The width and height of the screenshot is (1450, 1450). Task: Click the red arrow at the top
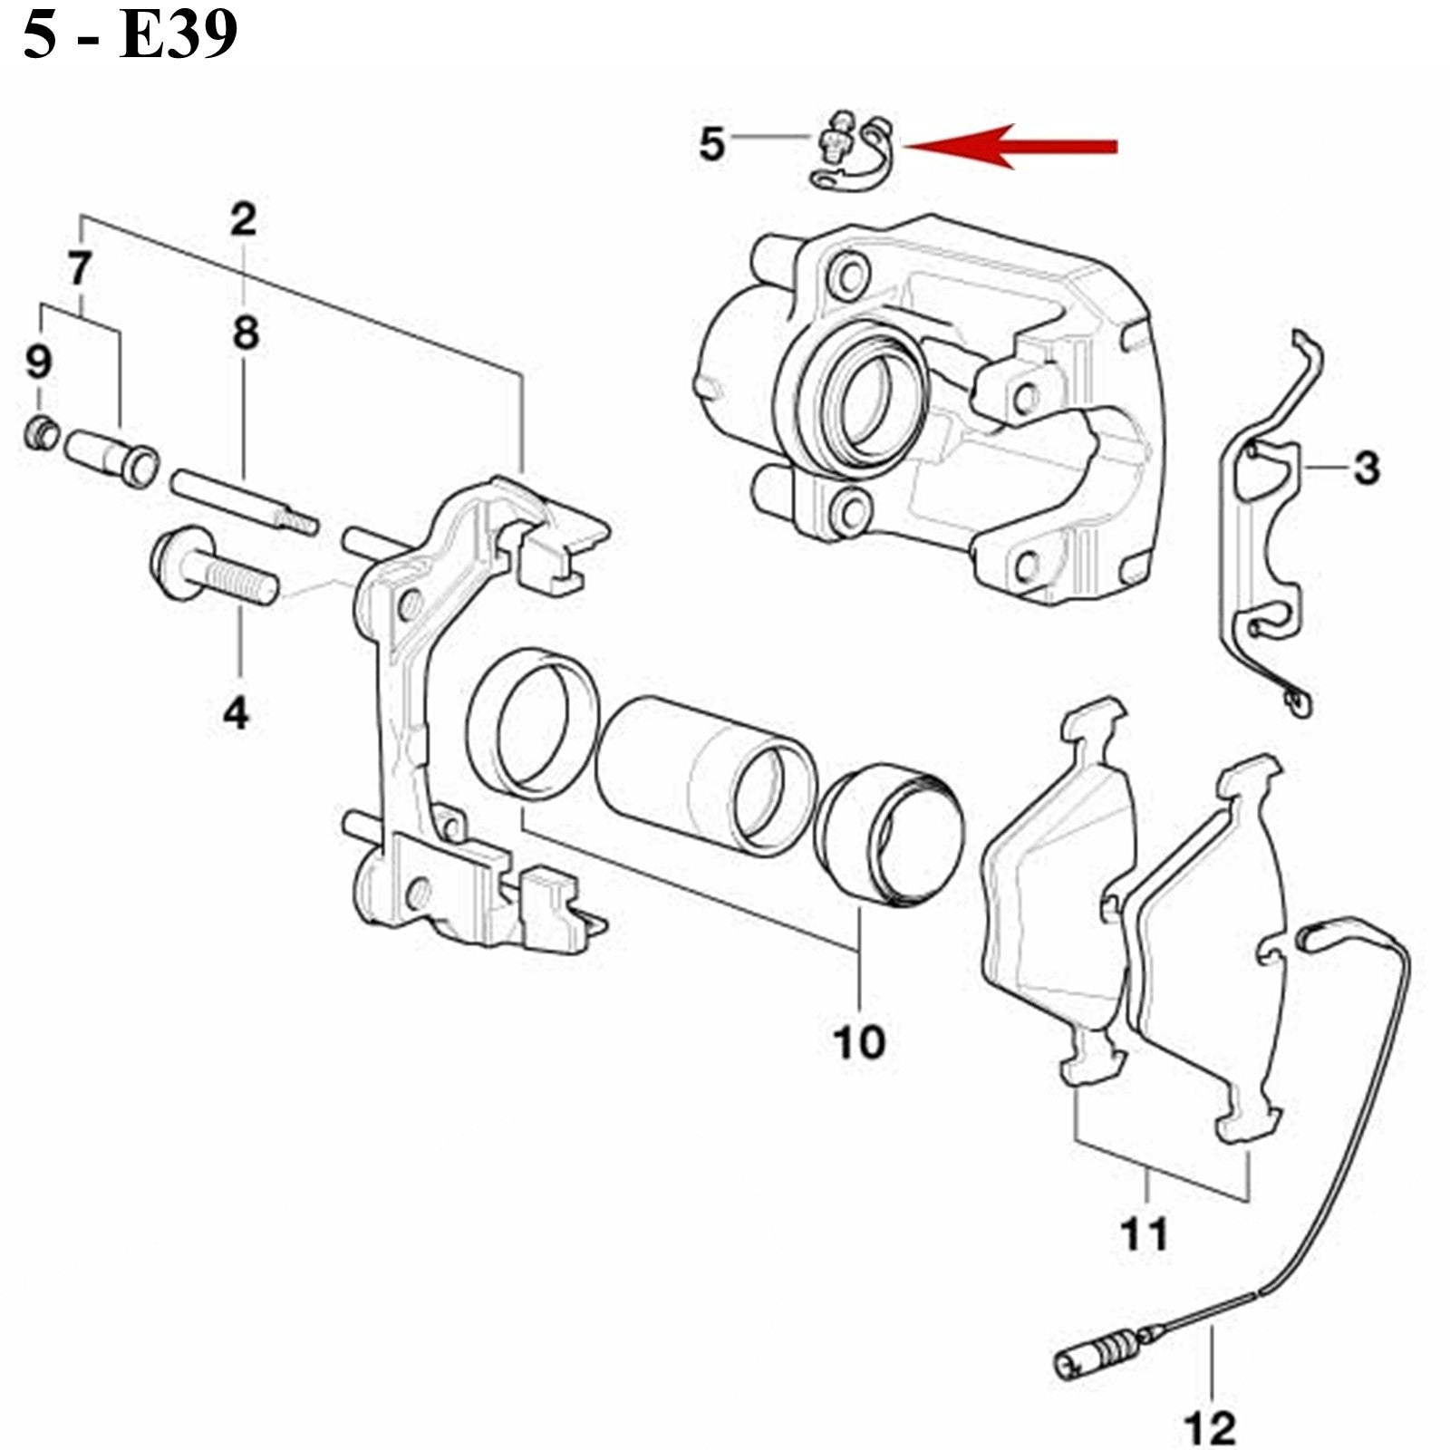coord(1010,146)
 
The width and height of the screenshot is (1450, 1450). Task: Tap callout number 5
coord(712,143)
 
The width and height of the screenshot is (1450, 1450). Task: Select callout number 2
coord(243,218)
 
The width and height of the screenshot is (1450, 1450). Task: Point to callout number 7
coord(80,268)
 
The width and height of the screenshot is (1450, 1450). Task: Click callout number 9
coord(38,362)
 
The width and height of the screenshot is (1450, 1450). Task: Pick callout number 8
coord(246,333)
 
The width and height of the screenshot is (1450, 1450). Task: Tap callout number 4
coord(236,713)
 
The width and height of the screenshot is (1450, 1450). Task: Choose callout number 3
coord(1366,468)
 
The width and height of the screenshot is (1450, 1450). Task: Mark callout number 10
coord(859,1042)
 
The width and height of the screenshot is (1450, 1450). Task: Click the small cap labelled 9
coord(41,434)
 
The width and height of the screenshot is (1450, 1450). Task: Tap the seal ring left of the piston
coord(533,724)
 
